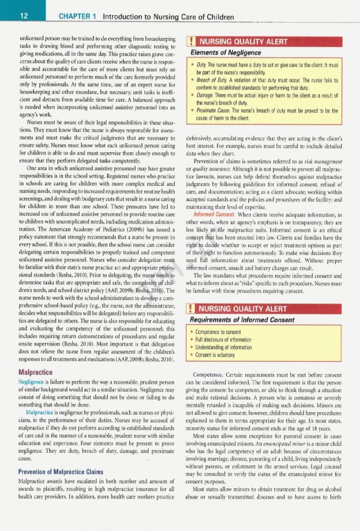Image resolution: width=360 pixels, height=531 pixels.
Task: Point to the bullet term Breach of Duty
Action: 216,81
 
